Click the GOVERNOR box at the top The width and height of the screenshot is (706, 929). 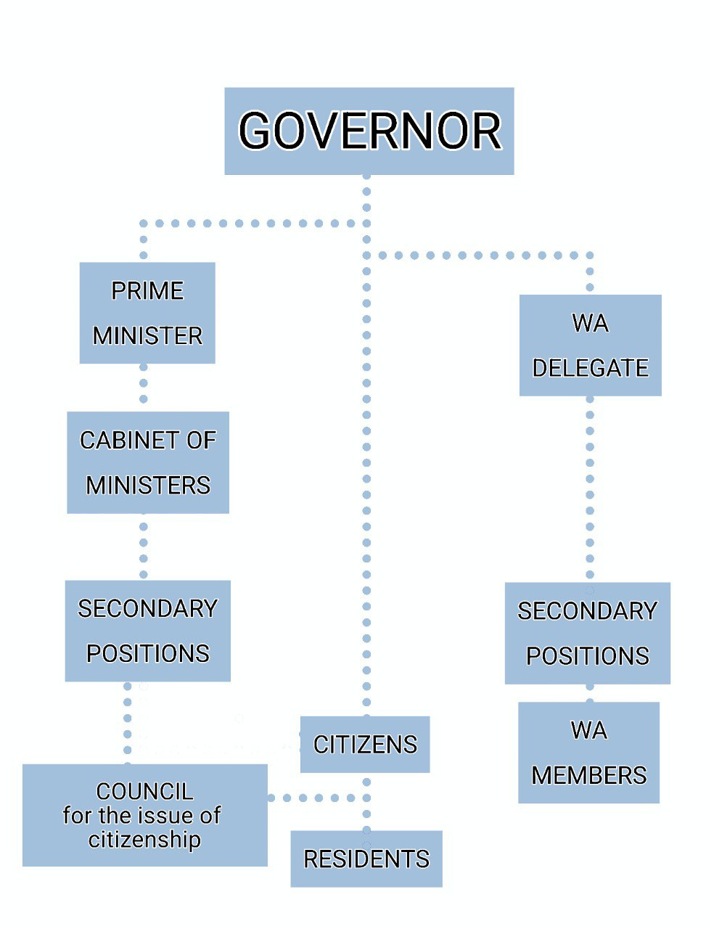pos(369,131)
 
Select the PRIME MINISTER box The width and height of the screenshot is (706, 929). pos(147,313)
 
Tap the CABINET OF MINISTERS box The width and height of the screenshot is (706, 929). pos(148,462)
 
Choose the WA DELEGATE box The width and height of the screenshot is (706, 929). pos(590,345)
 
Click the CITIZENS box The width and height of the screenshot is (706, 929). pos(365,744)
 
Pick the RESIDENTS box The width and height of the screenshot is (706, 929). pos(366,859)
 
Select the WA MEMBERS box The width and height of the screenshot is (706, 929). pos(588,752)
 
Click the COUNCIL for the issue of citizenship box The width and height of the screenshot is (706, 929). pos(144,815)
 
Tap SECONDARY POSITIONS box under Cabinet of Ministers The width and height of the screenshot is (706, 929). pos(147,631)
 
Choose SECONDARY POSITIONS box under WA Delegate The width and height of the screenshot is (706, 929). pos(587,633)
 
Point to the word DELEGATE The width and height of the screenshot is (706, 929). pos(590,368)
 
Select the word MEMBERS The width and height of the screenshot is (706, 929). pos(588,775)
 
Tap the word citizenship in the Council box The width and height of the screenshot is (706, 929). pos(144,840)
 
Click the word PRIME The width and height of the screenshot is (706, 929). pos(147,290)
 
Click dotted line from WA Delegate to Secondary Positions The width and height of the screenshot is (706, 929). pos(590,486)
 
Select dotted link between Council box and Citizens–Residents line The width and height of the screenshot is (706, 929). pos(312,798)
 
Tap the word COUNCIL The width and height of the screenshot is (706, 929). pos(144,790)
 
